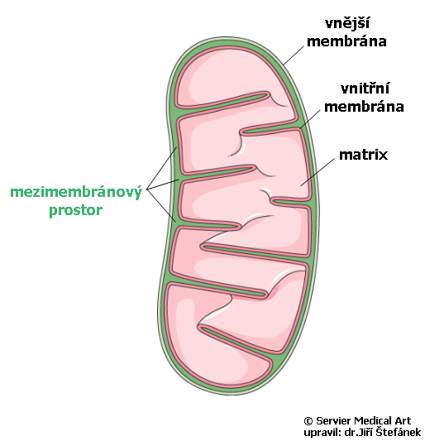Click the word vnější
tap(347, 24)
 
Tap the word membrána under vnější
tap(346, 41)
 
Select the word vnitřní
tap(365, 89)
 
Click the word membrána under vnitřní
tap(364, 107)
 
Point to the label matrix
tap(363, 155)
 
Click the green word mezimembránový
tap(76, 193)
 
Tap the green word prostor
tap(75, 210)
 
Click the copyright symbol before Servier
tap(308, 421)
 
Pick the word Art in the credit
tap(404, 421)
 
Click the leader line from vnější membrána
tap(294, 55)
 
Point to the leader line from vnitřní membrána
tap(310, 119)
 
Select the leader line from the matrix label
tap(318, 172)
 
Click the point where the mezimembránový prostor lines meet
tap(146, 189)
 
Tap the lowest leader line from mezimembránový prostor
tap(161, 205)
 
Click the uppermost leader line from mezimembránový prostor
tap(161, 168)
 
